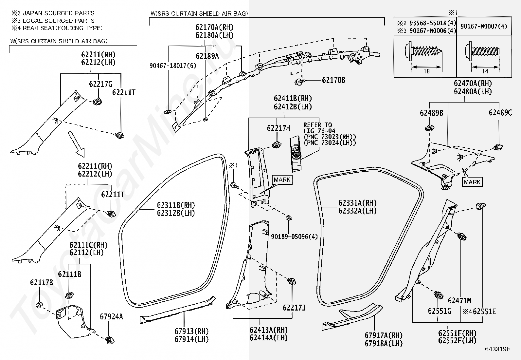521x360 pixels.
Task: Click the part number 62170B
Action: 333,80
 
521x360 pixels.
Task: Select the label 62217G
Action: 100,84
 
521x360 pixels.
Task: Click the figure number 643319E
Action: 498,349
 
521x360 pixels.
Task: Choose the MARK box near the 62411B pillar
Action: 282,180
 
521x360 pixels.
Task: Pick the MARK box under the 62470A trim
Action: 472,182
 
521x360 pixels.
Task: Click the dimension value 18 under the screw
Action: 426,71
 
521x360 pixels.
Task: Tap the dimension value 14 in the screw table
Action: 485,71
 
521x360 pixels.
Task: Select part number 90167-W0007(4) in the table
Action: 484,26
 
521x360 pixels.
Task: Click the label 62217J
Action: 294,308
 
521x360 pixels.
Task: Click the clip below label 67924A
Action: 110,340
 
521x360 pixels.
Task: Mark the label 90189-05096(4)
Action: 294,237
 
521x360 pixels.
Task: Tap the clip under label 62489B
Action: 430,128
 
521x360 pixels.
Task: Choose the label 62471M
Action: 459,301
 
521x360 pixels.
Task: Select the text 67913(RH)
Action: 191,331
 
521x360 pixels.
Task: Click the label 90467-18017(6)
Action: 173,66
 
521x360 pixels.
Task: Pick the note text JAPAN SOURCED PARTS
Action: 59,13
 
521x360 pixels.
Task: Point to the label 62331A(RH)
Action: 357,203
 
